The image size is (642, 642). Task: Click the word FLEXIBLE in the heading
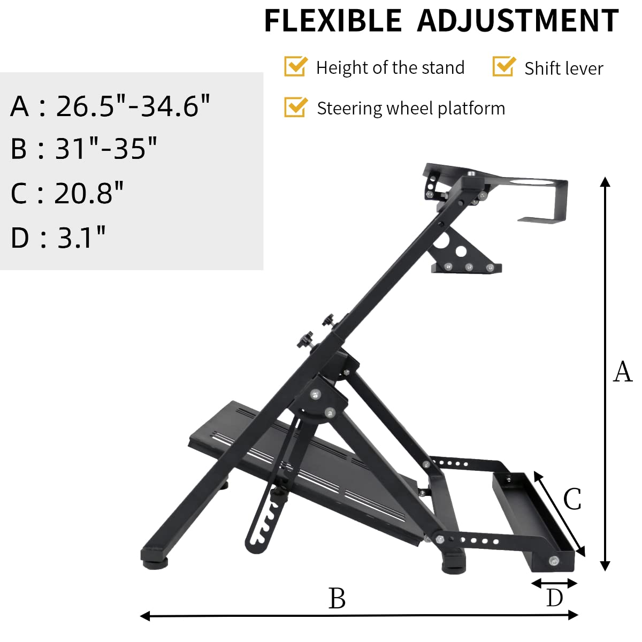(x=333, y=21)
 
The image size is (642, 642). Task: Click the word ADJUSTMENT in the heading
(x=517, y=21)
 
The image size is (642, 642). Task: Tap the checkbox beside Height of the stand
(x=295, y=67)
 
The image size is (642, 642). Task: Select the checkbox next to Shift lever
(x=503, y=67)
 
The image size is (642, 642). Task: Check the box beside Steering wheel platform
(x=295, y=107)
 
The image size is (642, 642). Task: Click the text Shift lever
(x=563, y=68)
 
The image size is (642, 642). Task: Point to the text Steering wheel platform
(x=410, y=109)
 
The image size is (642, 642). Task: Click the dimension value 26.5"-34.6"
(x=133, y=106)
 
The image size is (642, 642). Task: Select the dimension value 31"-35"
(x=106, y=149)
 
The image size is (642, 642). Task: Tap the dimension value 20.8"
(x=89, y=193)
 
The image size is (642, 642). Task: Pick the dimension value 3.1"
(x=81, y=237)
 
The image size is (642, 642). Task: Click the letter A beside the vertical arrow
(x=622, y=372)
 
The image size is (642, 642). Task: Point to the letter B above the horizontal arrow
(x=337, y=598)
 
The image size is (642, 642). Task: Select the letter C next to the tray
(x=572, y=500)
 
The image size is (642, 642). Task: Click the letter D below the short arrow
(x=555, y=598)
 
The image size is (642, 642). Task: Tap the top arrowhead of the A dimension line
(x=605, y=182)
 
